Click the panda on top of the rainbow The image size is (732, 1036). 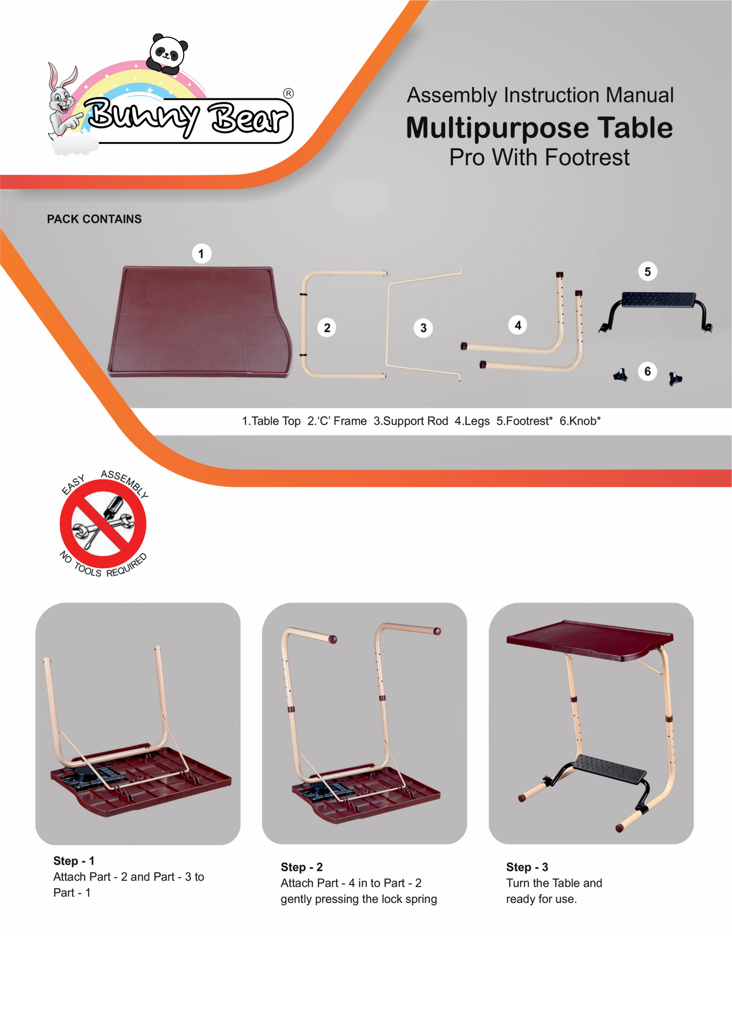click(x=167, y=54)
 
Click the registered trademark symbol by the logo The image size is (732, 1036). click(x=288, y=93)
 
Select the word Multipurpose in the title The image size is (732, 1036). click(x=498, y=128)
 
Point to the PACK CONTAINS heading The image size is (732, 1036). click(x=94, y=219)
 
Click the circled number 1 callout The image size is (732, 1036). click(x=201, y=253)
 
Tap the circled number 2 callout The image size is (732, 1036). click(x=327, y=328)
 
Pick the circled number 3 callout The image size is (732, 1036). click(x=423, y=328)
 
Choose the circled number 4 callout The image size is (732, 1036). click(x=517, y=325)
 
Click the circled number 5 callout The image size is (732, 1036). click(x=647, y=272)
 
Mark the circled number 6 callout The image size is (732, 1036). click(x=647, y=372)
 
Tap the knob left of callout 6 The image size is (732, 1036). click(x=621, y=376)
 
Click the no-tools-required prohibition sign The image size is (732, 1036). click(x=103, y=524)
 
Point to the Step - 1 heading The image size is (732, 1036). click(x=74, y=861)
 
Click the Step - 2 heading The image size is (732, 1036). click(x=301, y=867)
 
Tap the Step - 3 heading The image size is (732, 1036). click(x=527, y=867)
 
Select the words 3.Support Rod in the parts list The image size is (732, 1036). click(x=410, y=421)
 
